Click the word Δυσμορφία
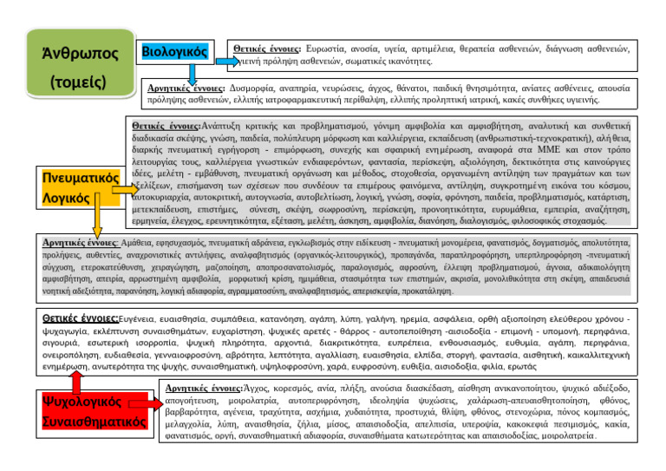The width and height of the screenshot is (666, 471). (x=258, y=88)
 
